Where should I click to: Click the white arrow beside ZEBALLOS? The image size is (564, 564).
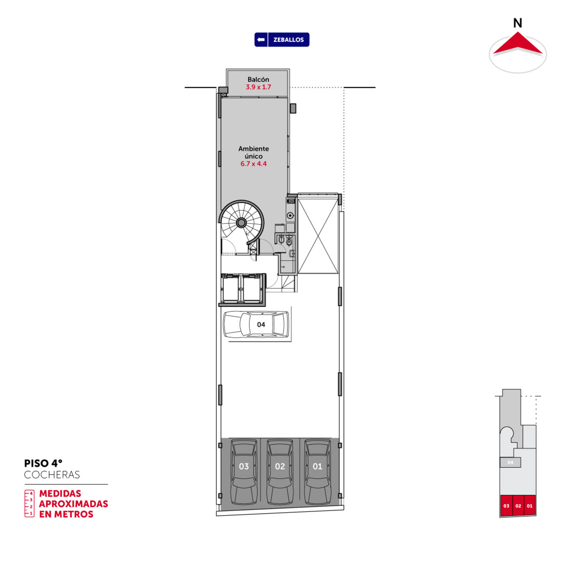tap(261, 39)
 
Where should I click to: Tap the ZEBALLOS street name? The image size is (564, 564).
tap(288, 40)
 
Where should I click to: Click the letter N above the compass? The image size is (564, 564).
tap(517, 23)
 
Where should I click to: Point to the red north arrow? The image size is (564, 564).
tap(517, 44)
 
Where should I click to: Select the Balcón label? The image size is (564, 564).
tap(258, 79)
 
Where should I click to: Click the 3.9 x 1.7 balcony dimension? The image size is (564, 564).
tap(258, 87)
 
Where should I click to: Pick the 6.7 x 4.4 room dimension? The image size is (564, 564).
tap(253, 164)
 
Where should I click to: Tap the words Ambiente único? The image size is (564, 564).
tap(253, 152)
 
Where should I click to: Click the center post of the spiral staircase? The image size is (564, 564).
tap(241, 222)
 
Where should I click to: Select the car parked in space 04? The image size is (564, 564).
tap(256, 324)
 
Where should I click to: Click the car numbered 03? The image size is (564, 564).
tap(244, 472)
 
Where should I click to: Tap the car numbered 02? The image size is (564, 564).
tap(280, 472)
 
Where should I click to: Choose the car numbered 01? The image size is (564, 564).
tap(318, 472)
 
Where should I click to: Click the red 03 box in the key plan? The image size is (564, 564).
tap(506, 505)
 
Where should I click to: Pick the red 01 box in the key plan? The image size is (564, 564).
tap(530, 505)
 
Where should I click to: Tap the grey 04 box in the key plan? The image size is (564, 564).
tap(510, 462)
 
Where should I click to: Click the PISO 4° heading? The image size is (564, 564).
tap(43, 463)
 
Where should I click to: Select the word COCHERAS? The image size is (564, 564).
tap(52, 475)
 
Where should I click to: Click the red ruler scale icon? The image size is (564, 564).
tap(29, 503)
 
